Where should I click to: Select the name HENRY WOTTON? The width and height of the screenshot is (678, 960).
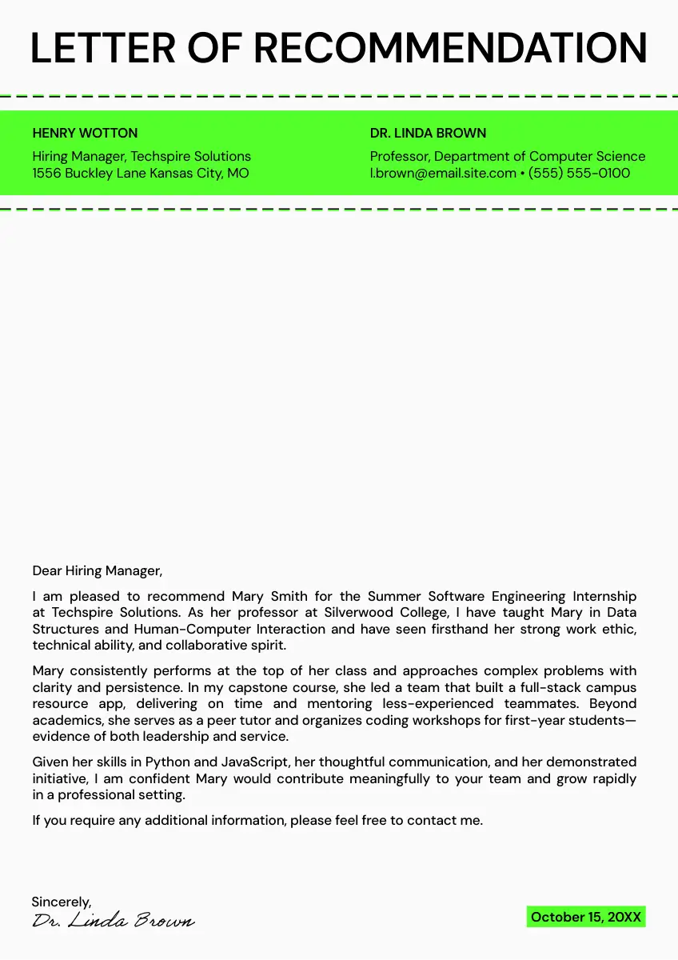click(x=85, y=133)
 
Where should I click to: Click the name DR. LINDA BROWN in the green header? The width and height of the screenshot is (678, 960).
click(x=428, y=133)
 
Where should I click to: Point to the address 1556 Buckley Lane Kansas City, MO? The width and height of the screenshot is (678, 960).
click(x=141, y=173)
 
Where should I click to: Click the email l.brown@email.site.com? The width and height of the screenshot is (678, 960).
click(x=443, y=173)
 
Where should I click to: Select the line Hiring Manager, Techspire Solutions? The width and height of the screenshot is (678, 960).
click(x=142, y=156)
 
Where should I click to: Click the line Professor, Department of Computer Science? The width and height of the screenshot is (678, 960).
click(x=507, y=156)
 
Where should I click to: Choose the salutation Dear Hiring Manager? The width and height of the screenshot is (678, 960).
click(x=97, y=570)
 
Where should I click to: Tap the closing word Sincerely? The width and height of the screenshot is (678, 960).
click(x=62, y=902)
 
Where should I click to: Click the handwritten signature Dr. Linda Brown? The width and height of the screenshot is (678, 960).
click(x=113, y=921)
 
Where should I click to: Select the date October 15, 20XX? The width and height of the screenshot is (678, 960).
click(x=585, y=917)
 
